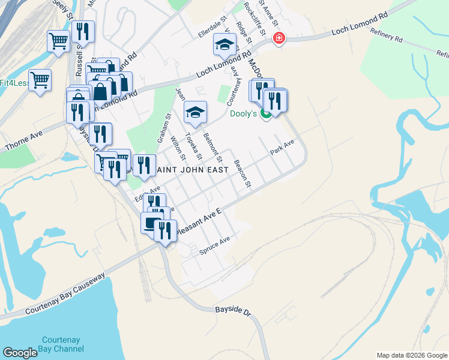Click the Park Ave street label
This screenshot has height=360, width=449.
coord(282,147)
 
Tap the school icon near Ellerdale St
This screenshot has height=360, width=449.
coord(224,44)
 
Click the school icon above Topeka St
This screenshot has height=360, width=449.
coord(195,112)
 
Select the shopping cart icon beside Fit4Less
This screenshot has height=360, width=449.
coord(40,79)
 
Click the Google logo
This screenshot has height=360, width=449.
coord(20,353)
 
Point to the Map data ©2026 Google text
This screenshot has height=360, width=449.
coord(411,355)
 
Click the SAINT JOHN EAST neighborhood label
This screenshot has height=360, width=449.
coord(192,170)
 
